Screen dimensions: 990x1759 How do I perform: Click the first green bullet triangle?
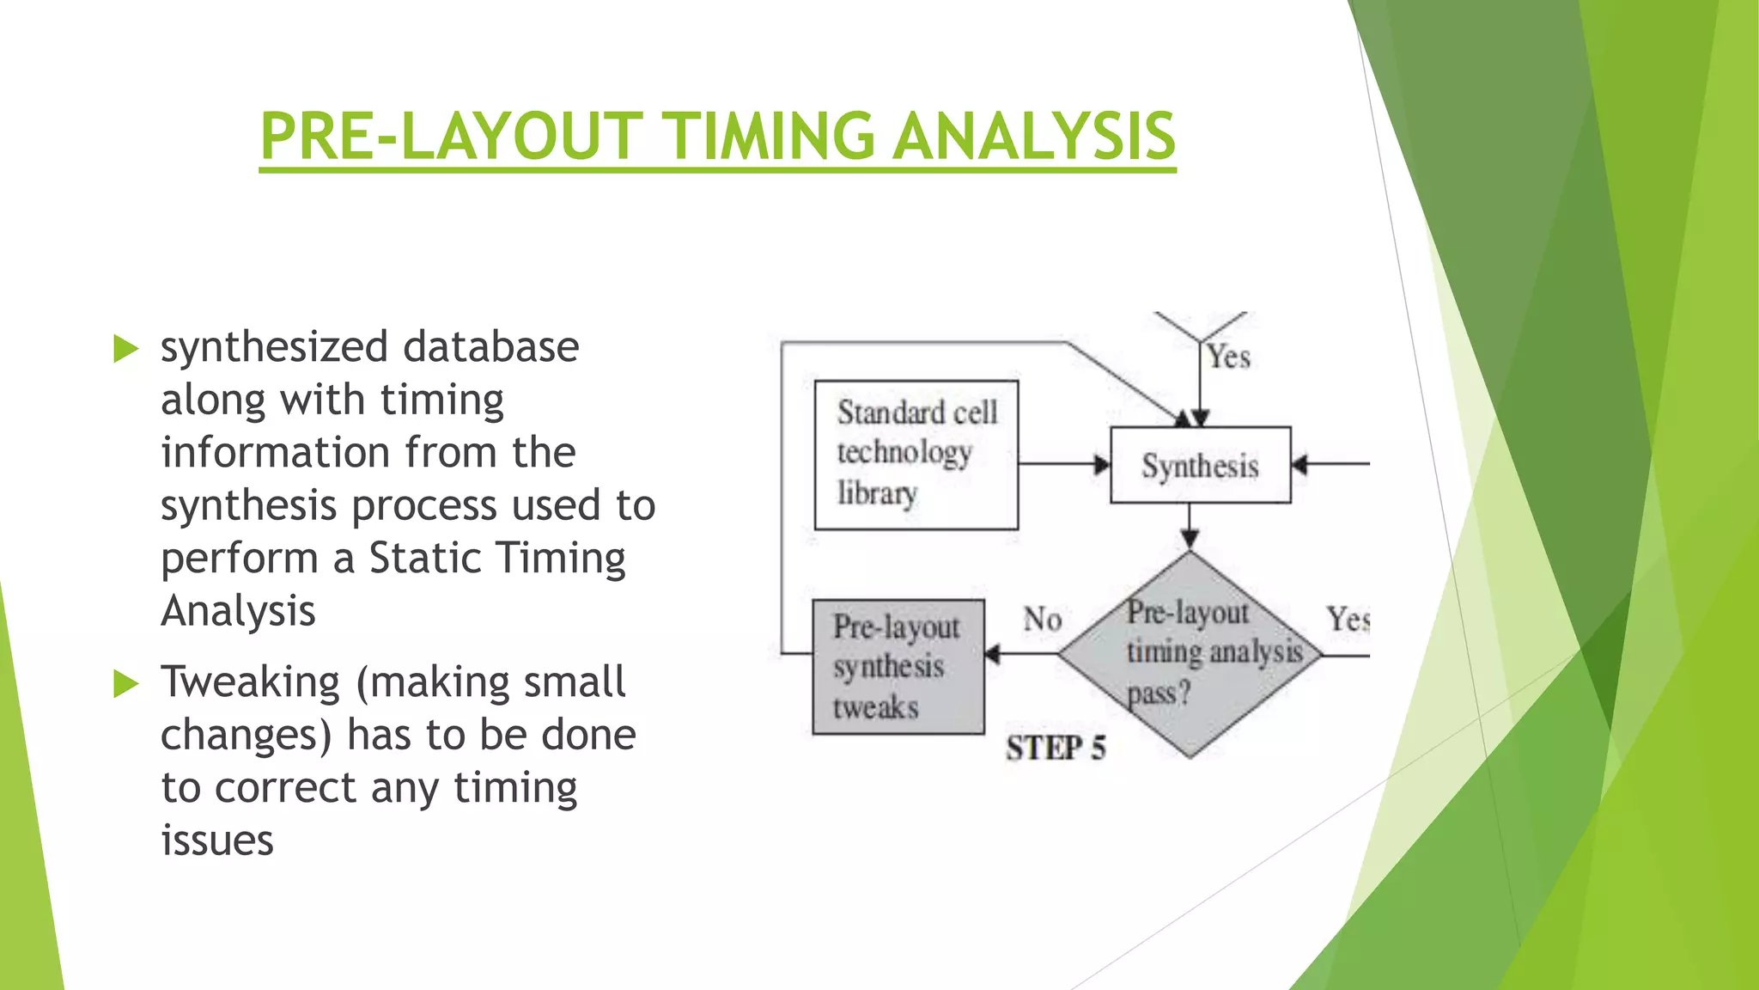tap(125, 349)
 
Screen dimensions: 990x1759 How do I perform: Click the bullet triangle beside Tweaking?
tap(125, 684)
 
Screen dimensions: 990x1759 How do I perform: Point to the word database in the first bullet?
tap(491, 347)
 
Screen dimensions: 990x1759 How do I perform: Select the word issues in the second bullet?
tap(217, 840)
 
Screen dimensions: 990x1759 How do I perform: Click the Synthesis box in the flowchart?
tap(1200, 465)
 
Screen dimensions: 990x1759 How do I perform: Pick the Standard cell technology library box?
tap(916, 455)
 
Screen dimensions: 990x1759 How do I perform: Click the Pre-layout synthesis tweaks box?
tap(898, 667)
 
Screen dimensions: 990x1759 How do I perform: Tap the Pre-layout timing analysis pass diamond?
tap(1190, 654)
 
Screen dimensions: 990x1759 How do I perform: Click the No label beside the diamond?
tap(1042, 619)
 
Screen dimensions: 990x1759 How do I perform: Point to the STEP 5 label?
tap(1056, 748)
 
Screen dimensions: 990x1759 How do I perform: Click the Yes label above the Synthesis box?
tap(1228, 357)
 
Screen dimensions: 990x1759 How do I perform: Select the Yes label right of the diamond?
tap(1347, 619)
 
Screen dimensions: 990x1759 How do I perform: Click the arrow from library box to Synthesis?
tap(1063, 465)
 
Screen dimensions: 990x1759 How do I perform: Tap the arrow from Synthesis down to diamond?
tap(1190, 526)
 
